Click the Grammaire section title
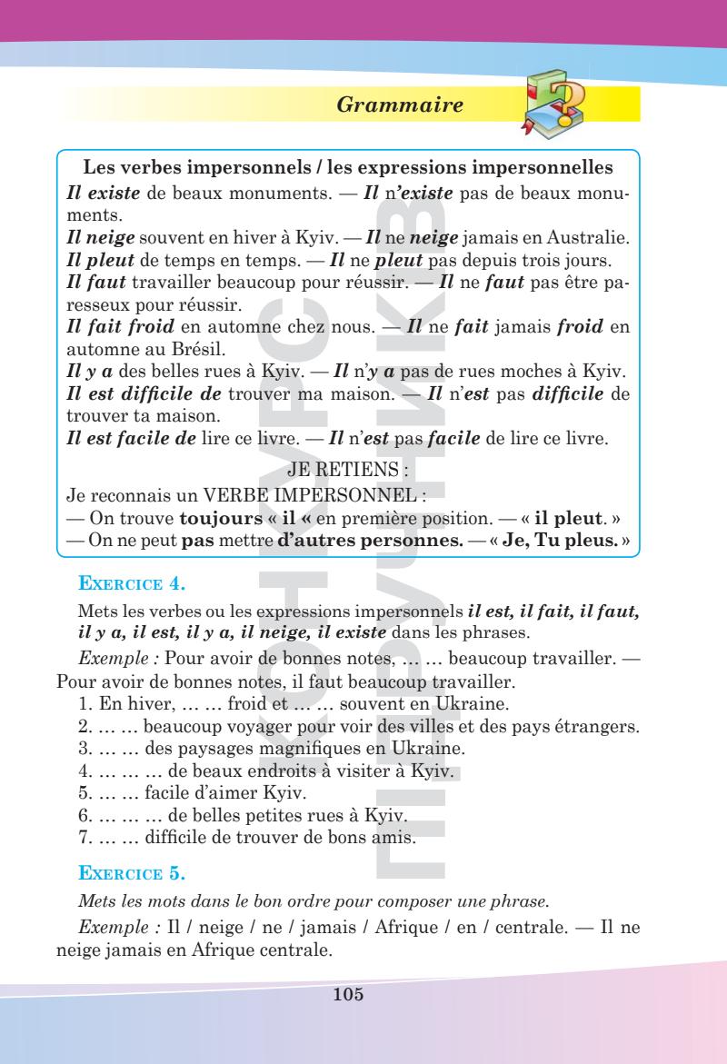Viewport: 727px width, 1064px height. pyautogui.click(x=400, y=105)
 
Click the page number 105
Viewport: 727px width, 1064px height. pyautogui.click(x=349, y=995)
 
